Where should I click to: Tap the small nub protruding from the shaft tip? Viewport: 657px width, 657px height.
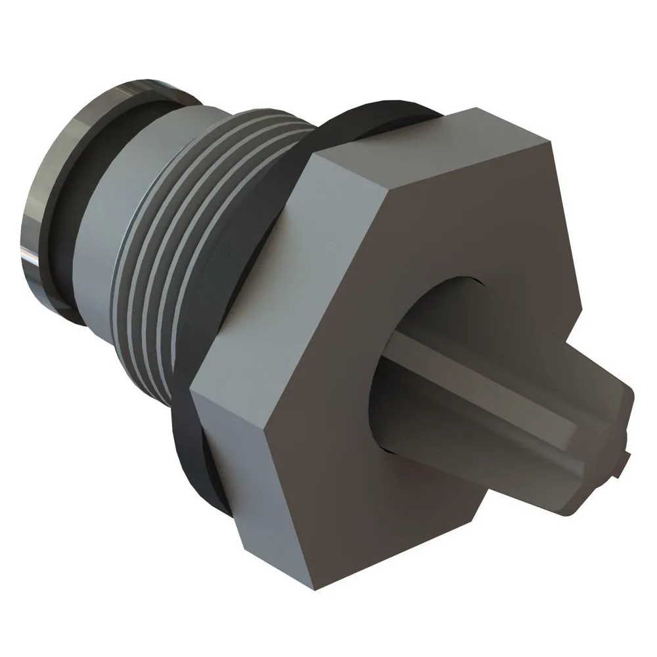pos(624,460)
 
